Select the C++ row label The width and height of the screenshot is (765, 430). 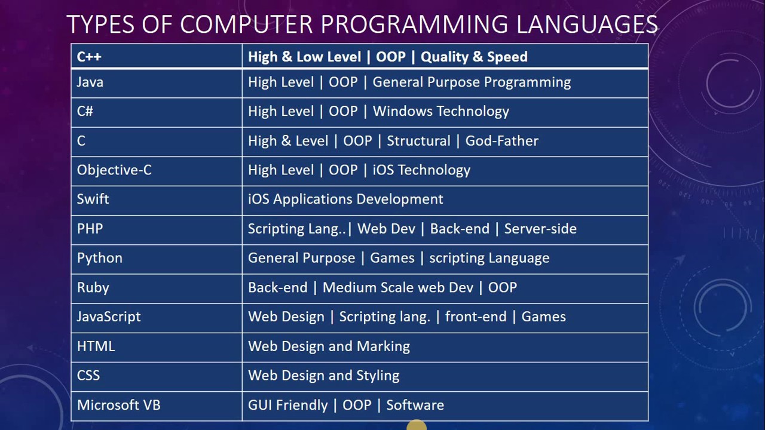[89, 57]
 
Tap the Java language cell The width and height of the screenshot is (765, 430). [90, 82]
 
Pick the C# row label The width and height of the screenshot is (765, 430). [85, 112]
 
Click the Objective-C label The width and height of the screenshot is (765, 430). [114, 170]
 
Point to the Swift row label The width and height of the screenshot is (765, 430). [93, 199]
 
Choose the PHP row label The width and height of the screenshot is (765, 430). [90, 229]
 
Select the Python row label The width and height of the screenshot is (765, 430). [99, 258]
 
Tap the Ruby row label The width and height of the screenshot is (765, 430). [93, 287]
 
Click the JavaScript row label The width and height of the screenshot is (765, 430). [109, 317]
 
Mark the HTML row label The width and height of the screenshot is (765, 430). [96, 346]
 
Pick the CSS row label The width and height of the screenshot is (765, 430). [88, 376]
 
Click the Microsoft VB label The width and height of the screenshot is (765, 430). [119, 405]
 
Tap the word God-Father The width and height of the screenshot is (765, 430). [502, 141]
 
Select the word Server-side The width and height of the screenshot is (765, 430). [540, 229]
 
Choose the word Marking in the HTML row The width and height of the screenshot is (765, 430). [383, 346]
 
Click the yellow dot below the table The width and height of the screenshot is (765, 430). [417, 426]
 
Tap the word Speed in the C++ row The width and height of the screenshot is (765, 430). [507, 57]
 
